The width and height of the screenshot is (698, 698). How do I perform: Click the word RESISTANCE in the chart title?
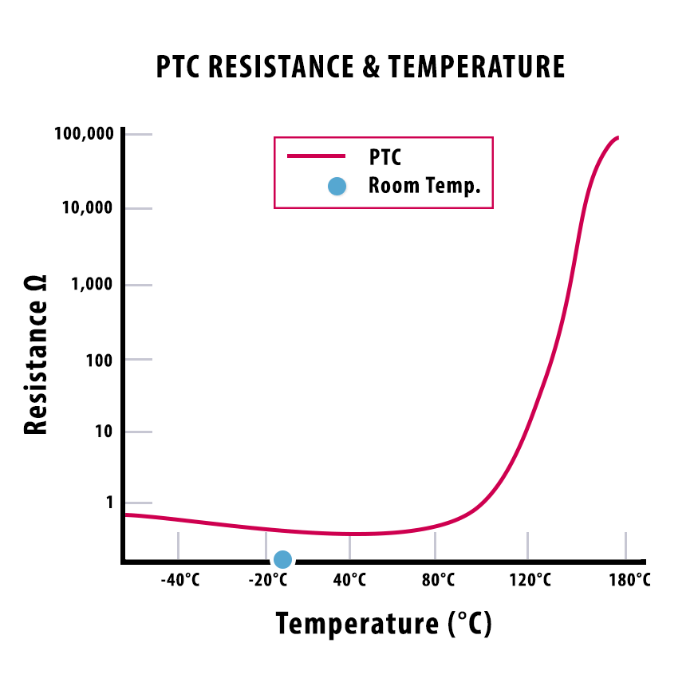click(x=280, y=68)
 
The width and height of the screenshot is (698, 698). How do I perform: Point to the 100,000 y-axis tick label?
click(x=85, y=134)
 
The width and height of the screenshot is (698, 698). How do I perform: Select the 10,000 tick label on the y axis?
click(x=89, y=209)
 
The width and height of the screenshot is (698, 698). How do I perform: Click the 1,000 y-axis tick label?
click(x=93, y=285)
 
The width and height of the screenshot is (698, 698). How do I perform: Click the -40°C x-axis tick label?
click(x=179, y=580)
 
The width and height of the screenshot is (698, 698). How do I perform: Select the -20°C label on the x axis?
click(x=266, y=580)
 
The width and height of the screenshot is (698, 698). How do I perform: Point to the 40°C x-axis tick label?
click(x=349, y=580)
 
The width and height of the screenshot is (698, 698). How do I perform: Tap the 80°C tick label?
click(x=437, y=580)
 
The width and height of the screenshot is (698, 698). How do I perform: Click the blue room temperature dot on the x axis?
click(x=282, y=560)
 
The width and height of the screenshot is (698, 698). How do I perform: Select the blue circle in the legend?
click(x=337, y=187)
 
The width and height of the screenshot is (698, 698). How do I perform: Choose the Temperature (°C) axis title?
click(x=384, y=623)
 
